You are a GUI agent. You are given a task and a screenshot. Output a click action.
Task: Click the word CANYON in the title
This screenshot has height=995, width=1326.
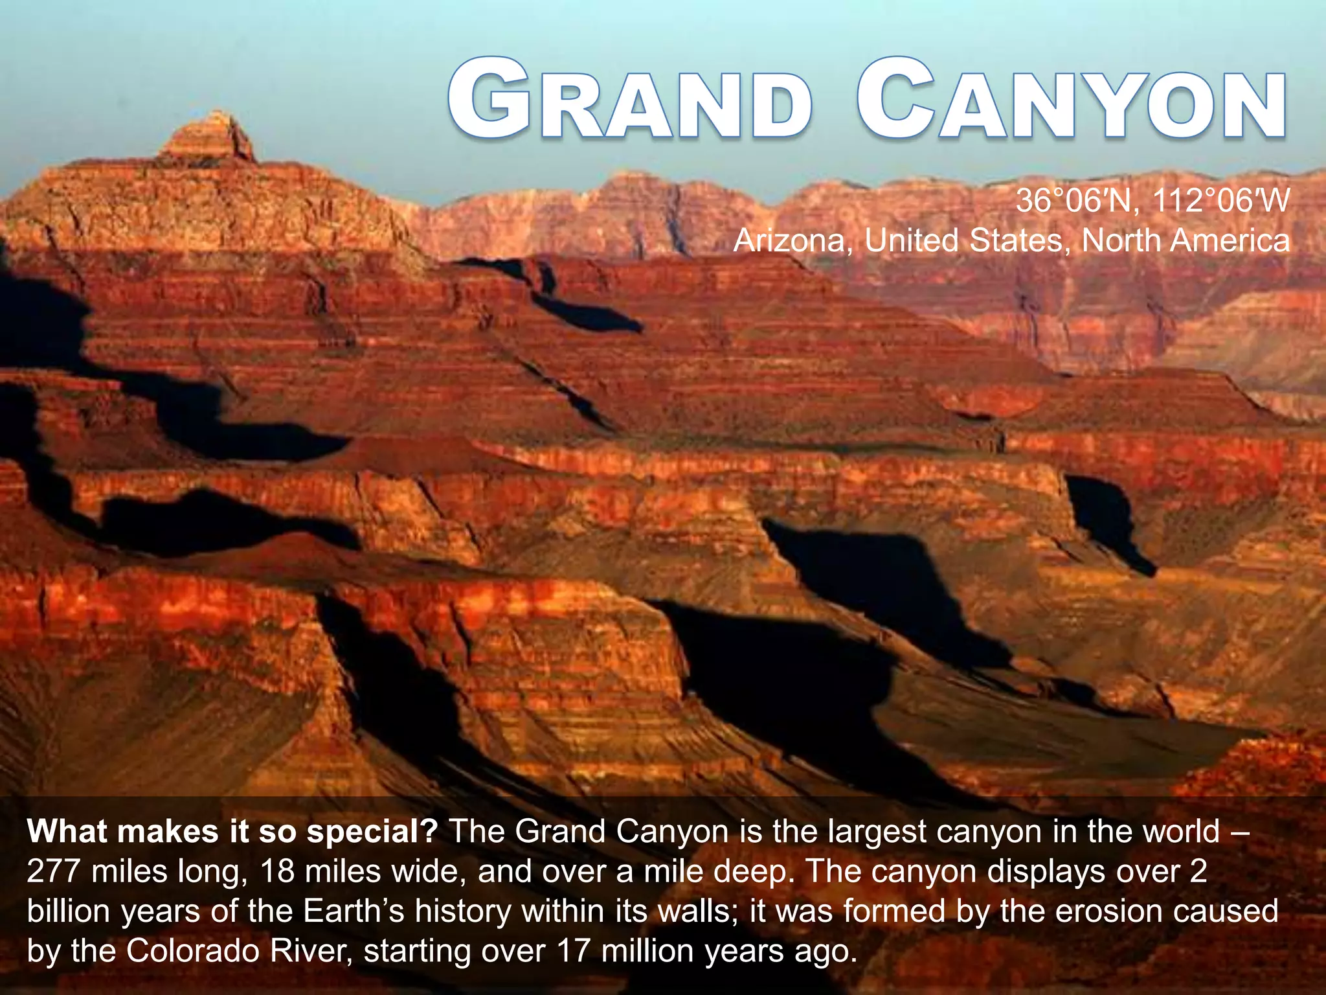coord(1071,100)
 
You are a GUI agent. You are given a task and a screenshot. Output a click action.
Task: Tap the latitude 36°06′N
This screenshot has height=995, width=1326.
coord(1071,201)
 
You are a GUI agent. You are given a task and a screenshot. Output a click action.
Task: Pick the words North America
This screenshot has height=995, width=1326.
coord(1186,241)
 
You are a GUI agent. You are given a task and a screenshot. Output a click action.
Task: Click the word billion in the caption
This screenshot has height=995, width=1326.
coord(69,911)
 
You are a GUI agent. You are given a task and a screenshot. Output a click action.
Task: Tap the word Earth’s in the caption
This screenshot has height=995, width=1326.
coord(354,911)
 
